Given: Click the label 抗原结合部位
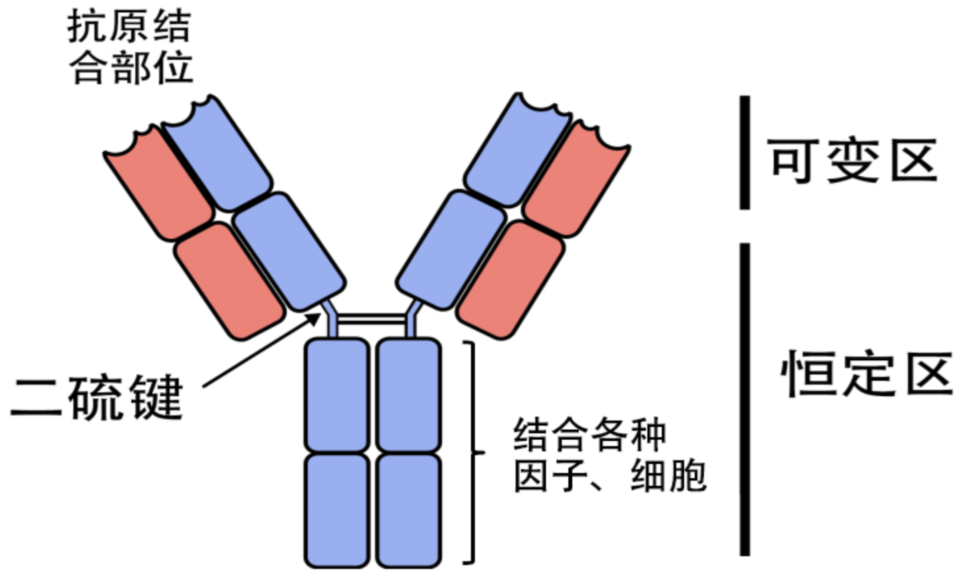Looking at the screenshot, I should click(x=130, y=48).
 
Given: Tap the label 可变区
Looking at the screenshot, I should click(x=853, y=161).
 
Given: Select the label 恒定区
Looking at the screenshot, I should click(x=865, y=374).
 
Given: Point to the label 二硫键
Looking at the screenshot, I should click(x=97, y=398).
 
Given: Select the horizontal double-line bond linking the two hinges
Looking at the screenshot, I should click(x=371, y=320).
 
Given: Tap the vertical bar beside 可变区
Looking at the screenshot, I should click(x=745, y=153).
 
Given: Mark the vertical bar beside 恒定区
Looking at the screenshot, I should click(x=745, y=398).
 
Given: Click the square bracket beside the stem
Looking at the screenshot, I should click(x=472, y=452).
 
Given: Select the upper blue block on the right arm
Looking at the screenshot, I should click(x=517, y=151).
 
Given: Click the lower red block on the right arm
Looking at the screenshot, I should click(x=511, y=279).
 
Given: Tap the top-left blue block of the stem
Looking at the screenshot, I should click(x=337, y=394).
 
